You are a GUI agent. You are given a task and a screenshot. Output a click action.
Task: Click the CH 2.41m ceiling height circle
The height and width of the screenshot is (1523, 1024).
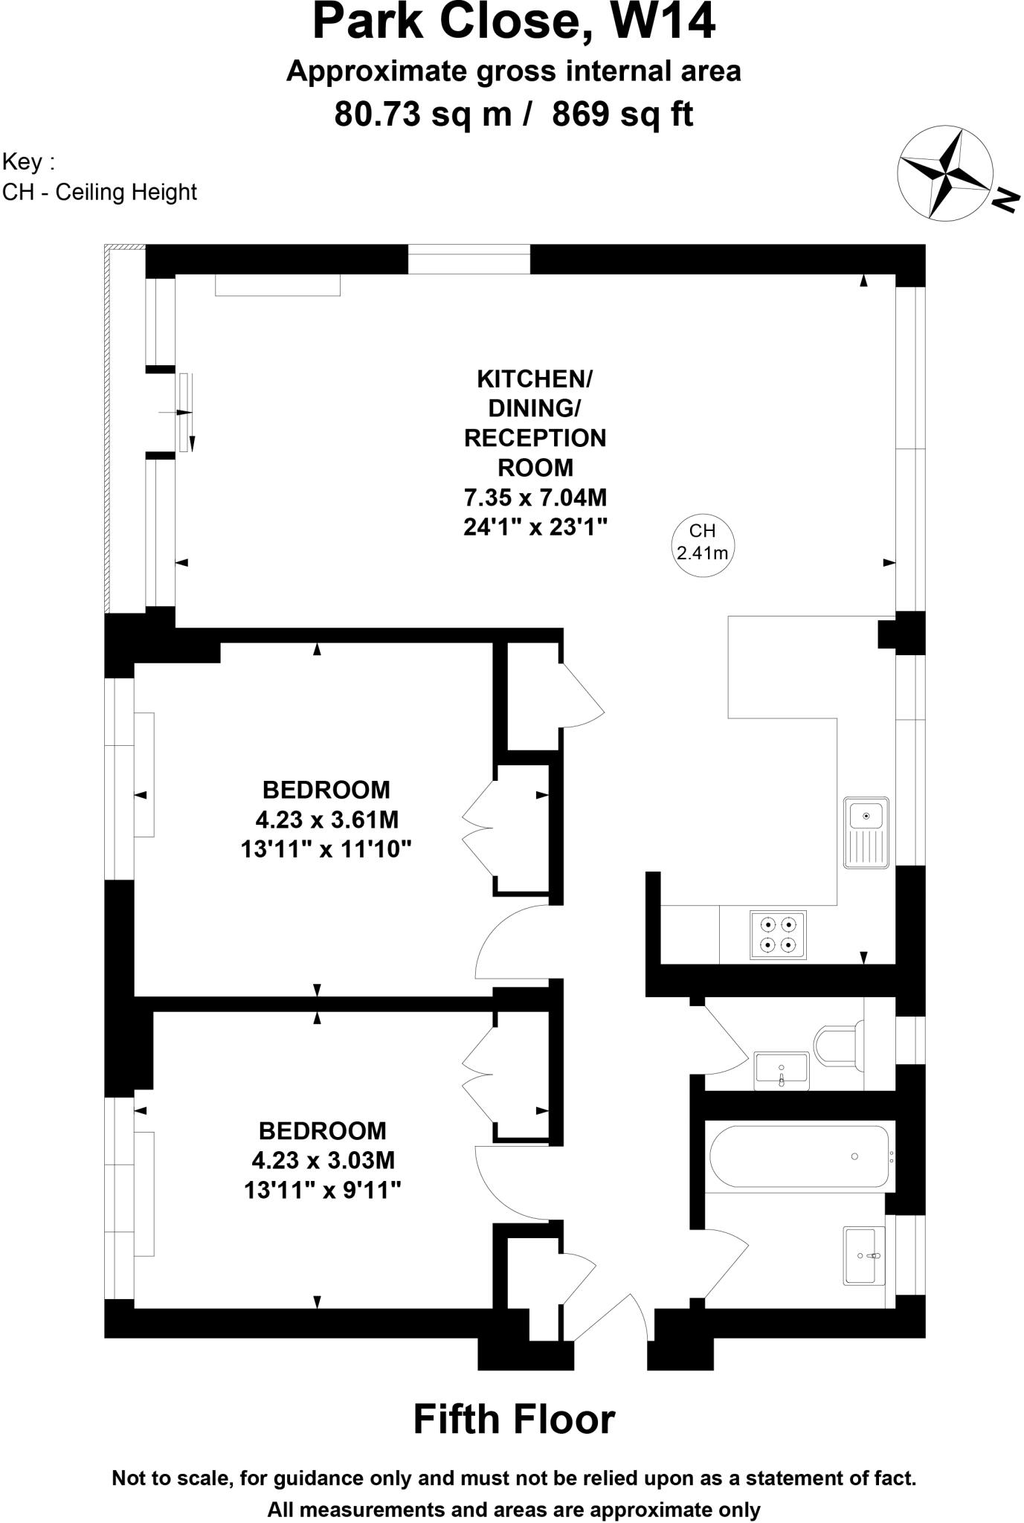point(703,541)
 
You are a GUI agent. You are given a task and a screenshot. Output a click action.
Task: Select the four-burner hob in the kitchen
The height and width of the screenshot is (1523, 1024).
point(778,935)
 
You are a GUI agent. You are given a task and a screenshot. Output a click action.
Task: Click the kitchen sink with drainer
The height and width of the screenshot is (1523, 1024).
point(866,833)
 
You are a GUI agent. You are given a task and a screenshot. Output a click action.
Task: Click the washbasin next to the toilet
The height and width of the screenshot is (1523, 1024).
point(781,1071)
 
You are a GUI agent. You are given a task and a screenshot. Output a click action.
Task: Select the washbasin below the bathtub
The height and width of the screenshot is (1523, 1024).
point(864,1255)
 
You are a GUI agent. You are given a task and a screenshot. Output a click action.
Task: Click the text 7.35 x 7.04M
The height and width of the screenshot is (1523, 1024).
point(535,497)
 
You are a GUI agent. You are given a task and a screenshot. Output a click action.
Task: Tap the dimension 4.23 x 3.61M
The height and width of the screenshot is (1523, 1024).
point(327,820)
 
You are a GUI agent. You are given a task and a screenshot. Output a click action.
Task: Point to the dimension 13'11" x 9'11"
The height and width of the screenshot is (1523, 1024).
point(323,1191)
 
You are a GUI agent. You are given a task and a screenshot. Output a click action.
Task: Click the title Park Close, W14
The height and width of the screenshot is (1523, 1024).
point(513,22)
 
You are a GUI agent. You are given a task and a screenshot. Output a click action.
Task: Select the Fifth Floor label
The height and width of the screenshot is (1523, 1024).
point(513,1419)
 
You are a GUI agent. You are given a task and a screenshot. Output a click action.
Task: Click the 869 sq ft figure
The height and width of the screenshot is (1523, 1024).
point(623,115)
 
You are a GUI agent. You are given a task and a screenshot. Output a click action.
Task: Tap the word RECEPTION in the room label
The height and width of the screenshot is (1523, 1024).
point(535,438)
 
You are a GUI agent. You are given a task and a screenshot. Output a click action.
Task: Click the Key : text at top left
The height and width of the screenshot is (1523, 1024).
point(28,161)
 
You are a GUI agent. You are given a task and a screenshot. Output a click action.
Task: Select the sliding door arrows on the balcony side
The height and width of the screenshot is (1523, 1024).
point(184,413)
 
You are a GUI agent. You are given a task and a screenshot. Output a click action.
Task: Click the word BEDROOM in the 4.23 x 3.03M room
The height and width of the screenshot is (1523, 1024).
point(323,1131)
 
